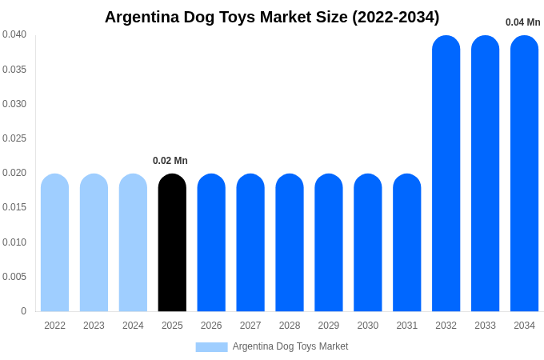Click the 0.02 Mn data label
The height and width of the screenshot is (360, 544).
tap(170, 161)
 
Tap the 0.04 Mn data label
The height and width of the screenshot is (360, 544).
tap(522, 22)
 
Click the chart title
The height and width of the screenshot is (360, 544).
tap(272, 17)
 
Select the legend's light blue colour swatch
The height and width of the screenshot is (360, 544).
tap(211, 347)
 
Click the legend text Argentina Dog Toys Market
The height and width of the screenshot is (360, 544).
tap(290, 346)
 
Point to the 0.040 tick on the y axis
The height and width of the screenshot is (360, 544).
tap(14, 34)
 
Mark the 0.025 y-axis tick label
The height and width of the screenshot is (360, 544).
tap(14, 138)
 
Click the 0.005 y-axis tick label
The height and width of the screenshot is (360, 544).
tap(14, 277)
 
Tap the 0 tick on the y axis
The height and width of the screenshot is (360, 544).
tap(23, 311)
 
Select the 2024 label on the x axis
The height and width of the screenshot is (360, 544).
tap(133, 326)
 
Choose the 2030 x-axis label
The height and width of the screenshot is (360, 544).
tap(368, 326)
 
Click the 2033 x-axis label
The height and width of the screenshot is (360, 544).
tap(485, 326)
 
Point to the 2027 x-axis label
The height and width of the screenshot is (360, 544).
tap(250, 326)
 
